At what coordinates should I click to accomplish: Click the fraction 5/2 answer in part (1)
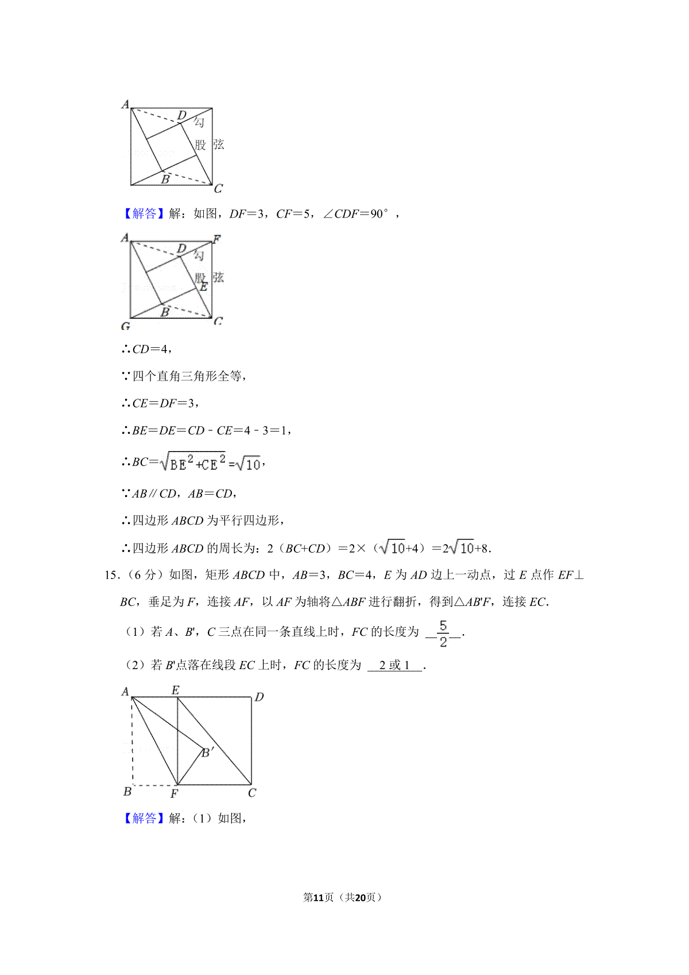tap(443, 634)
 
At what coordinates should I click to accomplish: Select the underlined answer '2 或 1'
tap(394, 666)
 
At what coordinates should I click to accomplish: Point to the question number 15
tap(111, 575)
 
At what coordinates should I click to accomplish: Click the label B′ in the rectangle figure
tap(208, 752)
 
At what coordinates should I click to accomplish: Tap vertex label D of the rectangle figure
tap(259, 697)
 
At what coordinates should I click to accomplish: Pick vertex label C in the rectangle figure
tap(252, 793)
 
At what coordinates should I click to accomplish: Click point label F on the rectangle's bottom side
tap(175, 794)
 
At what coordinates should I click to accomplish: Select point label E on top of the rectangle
tap(176, 690)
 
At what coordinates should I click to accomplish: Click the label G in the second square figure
tap(126, 327)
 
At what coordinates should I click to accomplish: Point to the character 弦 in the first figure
tap(219, 145)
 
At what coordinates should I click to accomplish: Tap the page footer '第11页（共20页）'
tap(342, 898)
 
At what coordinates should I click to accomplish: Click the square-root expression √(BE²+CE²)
tap(193, 462)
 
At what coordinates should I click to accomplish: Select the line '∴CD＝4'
tap(146, 349)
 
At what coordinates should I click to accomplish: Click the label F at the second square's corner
tap(216, 239)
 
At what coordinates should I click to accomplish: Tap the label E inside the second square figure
tap(203, 287)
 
